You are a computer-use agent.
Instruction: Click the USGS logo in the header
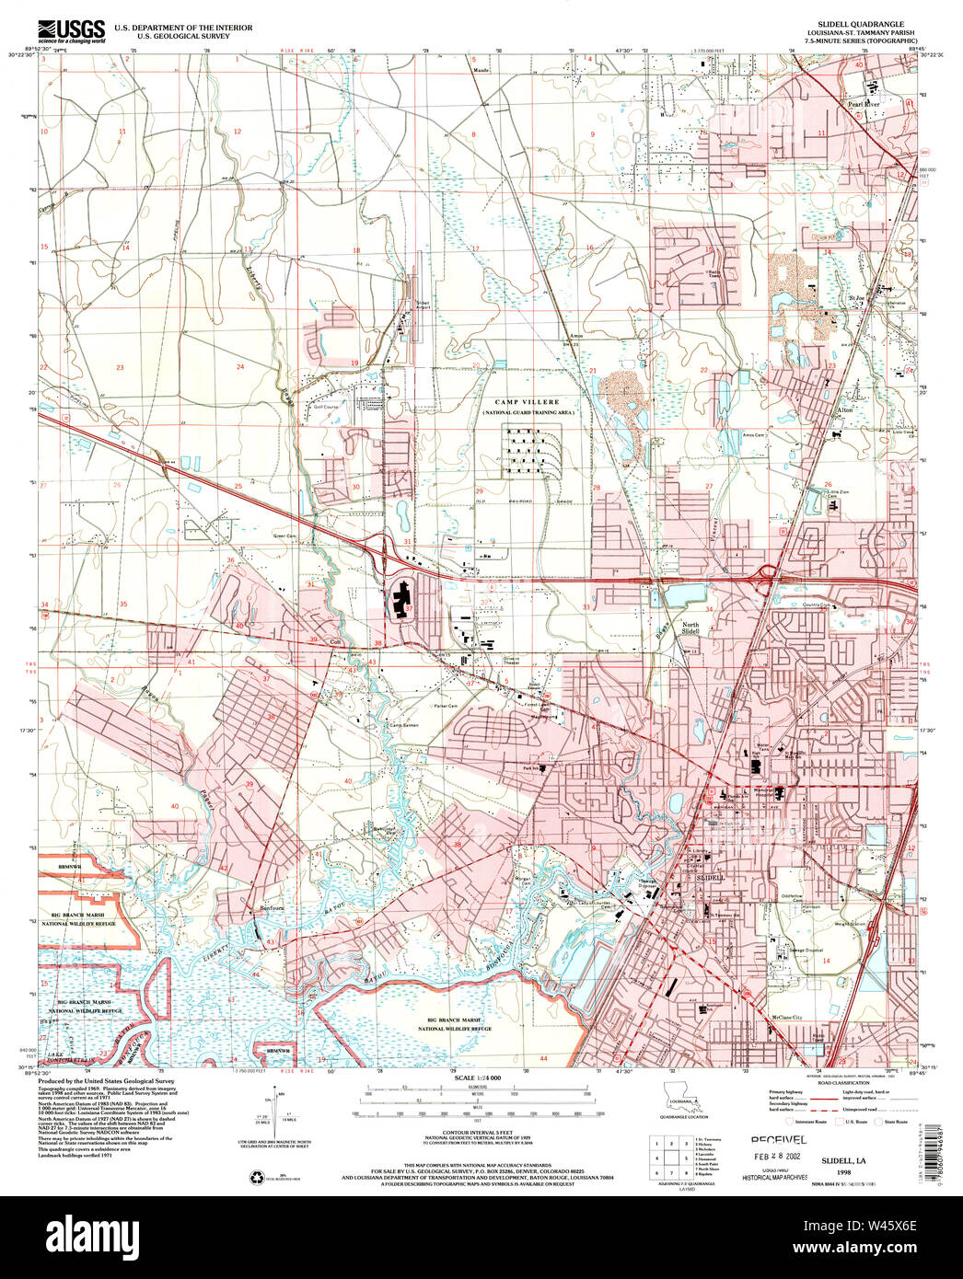[72, 29]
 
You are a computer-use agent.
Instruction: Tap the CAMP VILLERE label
[527, 402]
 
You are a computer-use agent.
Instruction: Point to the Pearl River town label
[864, 105]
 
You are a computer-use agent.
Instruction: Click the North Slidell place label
[690, 628]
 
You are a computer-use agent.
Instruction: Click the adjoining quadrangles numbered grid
[671, 1158]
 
